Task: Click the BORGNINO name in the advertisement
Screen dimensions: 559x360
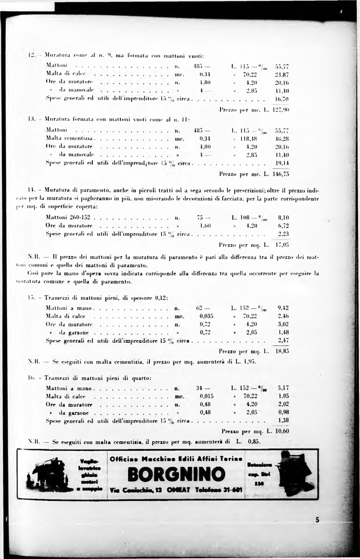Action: [175, 474]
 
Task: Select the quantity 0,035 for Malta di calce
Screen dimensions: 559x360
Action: [206, 315]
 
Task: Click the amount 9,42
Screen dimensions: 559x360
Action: [283, 307]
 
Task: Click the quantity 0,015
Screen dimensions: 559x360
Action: [206, 396]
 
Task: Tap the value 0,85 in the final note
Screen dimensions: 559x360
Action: [252, 442]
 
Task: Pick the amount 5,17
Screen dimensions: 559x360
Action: [283, 388]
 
